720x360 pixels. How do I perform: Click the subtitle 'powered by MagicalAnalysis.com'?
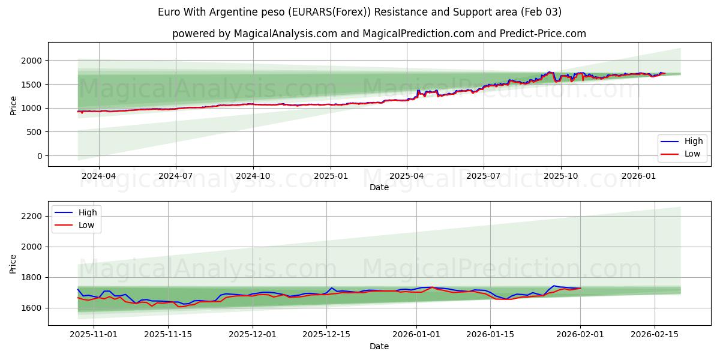379,34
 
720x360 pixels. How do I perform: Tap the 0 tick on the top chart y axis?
39,156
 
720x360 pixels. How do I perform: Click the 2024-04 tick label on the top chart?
98,176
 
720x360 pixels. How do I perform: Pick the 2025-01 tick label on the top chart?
330,176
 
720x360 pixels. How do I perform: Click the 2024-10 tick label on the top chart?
253,176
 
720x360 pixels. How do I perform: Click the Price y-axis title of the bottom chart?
14,263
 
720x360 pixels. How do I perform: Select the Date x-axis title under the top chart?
379,187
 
